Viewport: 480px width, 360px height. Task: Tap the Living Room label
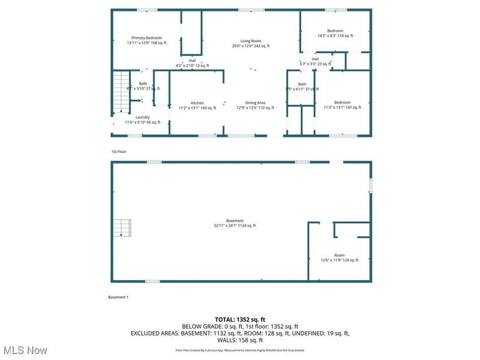[251, 43]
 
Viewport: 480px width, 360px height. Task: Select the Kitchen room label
[197, 105]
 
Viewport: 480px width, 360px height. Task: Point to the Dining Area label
[255, 105]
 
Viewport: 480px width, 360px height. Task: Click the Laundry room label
[142, 119]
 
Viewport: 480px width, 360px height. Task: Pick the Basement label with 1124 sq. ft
[235, 223]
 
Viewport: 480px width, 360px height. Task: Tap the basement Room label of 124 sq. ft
[340, 257]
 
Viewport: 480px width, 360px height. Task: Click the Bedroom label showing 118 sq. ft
[335, 33]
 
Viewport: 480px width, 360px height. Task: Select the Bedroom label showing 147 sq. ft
[343, 104]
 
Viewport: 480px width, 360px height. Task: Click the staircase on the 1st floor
[122, 91]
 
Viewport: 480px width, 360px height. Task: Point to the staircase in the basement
[122, 228]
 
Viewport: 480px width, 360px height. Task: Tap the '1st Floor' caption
[118, 152]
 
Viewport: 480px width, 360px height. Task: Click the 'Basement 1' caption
[118, 298]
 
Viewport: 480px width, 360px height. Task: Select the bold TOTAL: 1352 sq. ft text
[240, 319]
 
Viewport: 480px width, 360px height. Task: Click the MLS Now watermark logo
[25, 349]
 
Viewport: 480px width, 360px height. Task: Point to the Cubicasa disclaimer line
[240, 350]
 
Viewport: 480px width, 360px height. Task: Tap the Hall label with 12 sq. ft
[192, 62]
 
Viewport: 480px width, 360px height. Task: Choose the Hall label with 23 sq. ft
[315, 61]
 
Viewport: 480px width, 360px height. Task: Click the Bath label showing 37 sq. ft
[302, 86]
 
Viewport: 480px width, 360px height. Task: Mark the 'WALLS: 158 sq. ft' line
[240, 340]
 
